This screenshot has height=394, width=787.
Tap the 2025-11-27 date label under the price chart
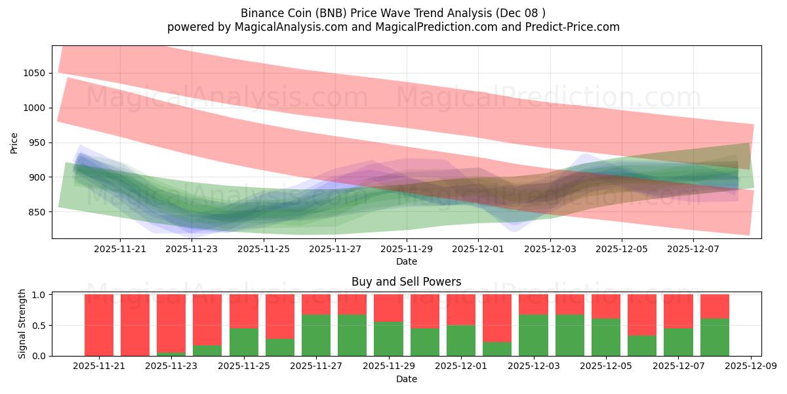335,250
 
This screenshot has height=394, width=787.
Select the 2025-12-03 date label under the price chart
550,250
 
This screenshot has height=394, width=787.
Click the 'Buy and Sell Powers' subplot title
406,282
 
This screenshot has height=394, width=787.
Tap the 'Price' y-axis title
14,142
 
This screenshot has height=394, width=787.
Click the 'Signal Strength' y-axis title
22,324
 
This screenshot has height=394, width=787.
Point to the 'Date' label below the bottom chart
406,379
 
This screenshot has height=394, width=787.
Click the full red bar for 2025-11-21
99,325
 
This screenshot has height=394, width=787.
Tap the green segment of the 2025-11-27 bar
316,335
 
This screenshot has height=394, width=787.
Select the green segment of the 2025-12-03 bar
533,335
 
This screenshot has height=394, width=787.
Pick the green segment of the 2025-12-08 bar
715,337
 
